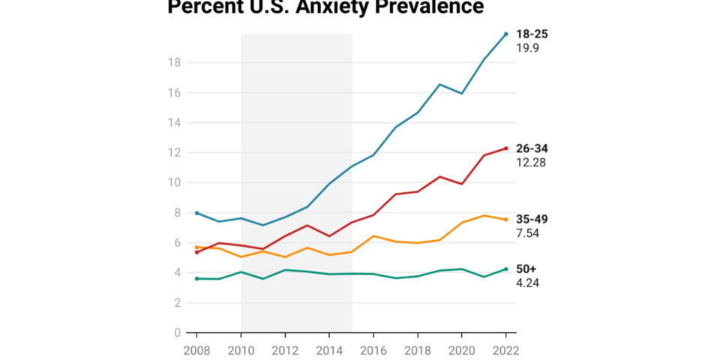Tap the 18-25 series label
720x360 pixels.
(x=532, y=34)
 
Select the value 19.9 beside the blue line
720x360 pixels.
(x=527, y=48)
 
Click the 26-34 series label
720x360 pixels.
(x=532, y=148)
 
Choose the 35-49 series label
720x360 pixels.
(x=532, y=219)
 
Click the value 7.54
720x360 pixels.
(x=527, y=233)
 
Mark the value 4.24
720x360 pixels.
(x=527, y=283)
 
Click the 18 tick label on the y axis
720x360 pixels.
(x=174, y=62)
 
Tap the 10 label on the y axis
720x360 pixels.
(x=174, y=182)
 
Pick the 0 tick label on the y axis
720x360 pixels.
(x=177, y=332)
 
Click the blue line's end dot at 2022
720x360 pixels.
(x=506, y=34)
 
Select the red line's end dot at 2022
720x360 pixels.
(x=506, y=148)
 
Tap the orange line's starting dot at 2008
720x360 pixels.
(x=196, y=247)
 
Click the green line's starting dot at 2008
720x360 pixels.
(x=196, y=278)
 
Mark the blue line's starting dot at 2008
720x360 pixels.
(x=196, y=213)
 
